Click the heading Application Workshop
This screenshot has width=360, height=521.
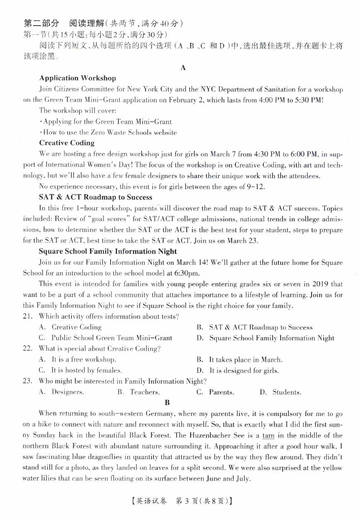pos(77,78)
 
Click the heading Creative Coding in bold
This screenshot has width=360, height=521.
pos(67,143)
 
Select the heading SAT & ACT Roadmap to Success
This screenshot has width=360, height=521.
pos(96,197)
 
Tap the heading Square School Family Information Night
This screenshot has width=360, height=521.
pos(108,251)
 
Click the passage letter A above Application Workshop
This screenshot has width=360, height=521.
pos(183,67)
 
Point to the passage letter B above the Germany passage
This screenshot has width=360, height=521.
pos(167,402)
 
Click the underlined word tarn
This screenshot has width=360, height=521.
pos(269,435)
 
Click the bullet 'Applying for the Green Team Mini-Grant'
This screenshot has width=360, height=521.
pos(106,122)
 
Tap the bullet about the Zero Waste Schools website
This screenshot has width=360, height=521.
pos(108,132)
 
